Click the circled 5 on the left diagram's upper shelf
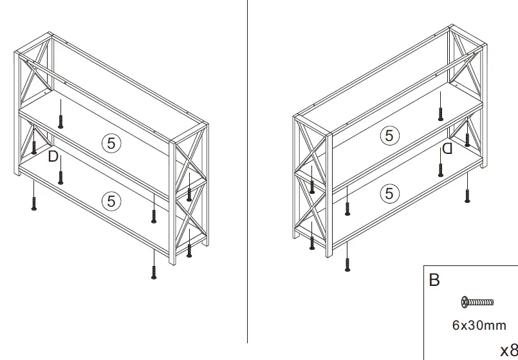coord(111,144)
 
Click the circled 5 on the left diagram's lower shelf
coord(111,201)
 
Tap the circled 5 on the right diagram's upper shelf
coord(389,135)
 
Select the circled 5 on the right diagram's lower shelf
coord(389,193)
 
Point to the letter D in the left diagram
coord(53,156)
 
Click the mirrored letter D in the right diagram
coord(447,149)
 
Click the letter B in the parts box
coord(434,281)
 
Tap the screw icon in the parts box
coord(477,301)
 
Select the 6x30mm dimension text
coord(479,325)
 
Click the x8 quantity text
coord(508,348)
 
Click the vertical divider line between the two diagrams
coord(248,174)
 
